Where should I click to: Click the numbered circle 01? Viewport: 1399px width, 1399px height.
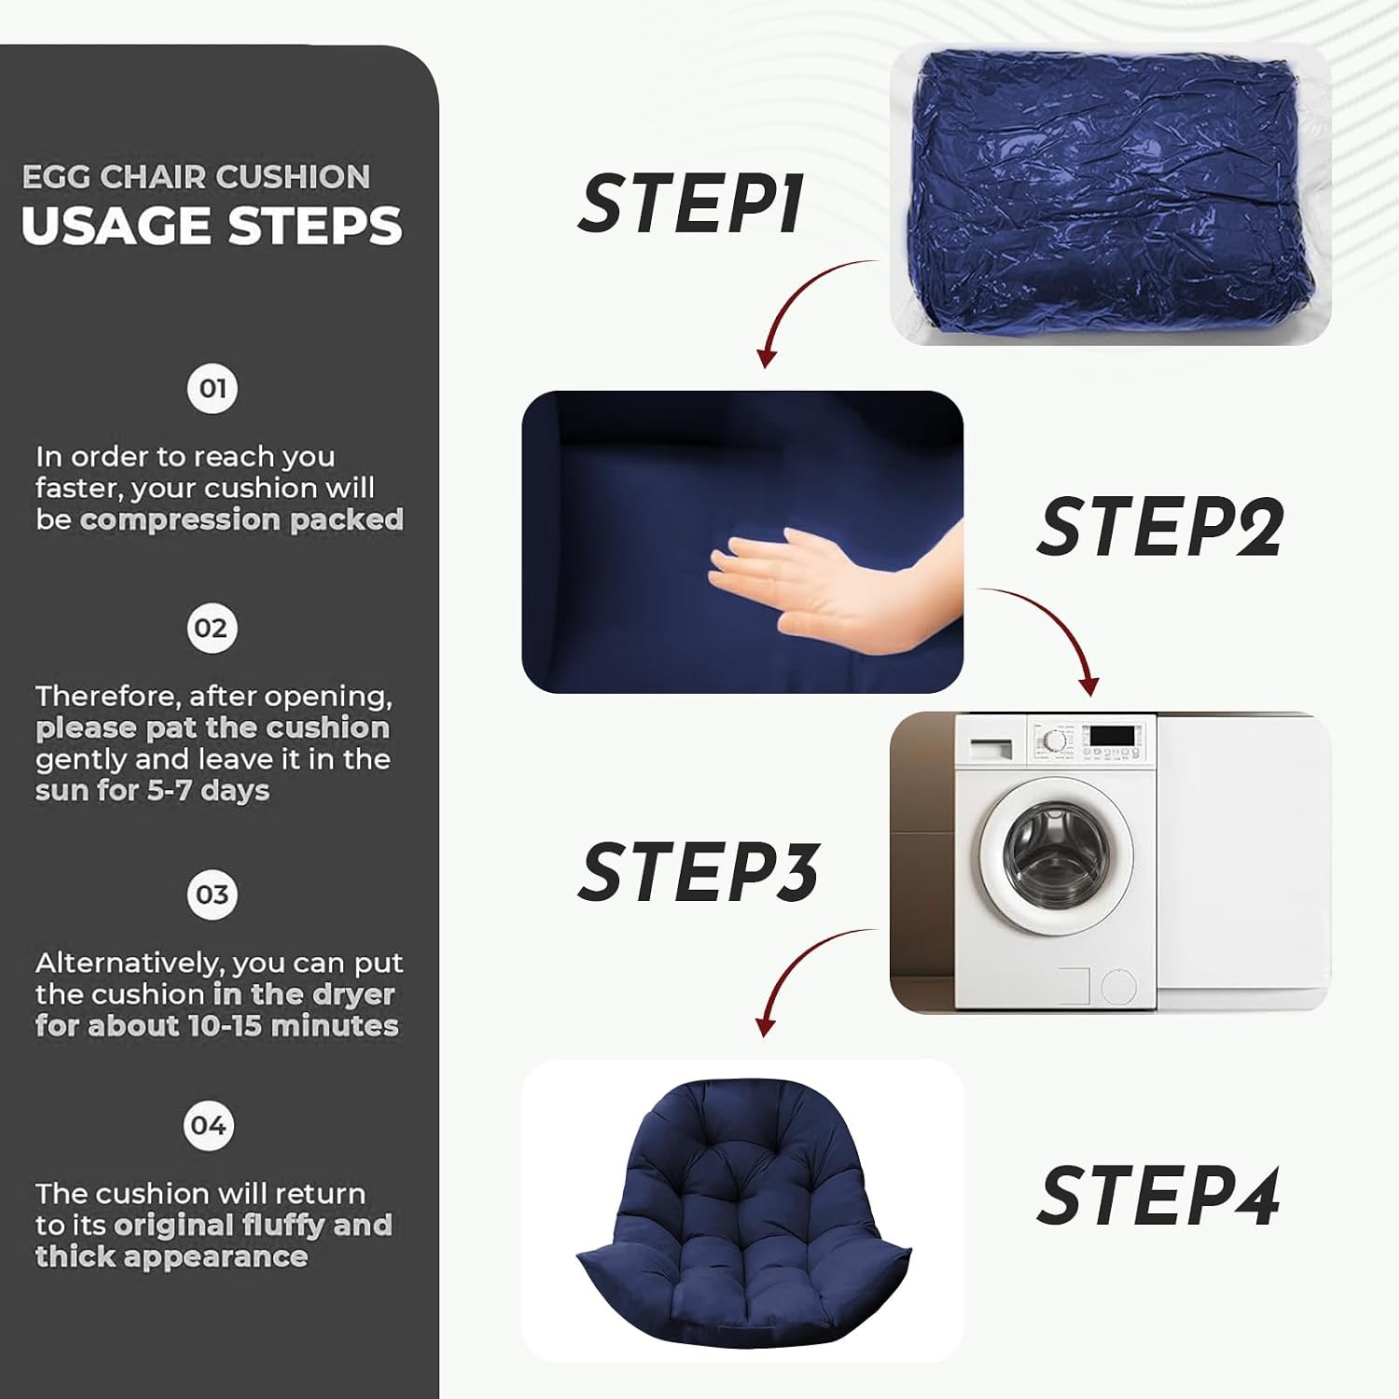point(213,388)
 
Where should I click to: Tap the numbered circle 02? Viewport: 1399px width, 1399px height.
point(212,628)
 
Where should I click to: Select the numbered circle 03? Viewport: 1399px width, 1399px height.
point(212,894)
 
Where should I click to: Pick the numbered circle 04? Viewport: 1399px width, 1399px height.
point(209,1126)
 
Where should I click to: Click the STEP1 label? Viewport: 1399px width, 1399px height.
point(690,203)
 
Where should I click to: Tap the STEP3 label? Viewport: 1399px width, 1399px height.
point(699,871)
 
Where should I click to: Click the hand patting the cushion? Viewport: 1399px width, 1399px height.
point(839,583)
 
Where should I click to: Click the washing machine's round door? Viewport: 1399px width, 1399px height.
point(1058,855)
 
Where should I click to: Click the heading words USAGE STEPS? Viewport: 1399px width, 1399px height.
point(212,227)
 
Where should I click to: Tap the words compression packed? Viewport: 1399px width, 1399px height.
point(242,519)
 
